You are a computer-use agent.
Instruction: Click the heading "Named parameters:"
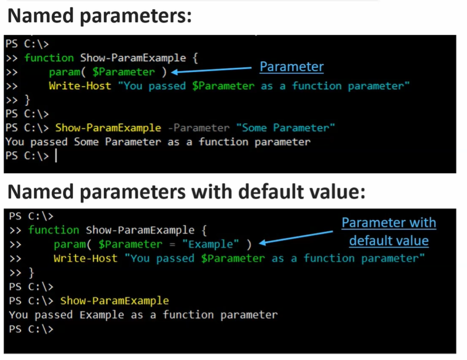[x=100, y=16]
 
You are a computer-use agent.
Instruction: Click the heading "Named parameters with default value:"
[x=186, y=191]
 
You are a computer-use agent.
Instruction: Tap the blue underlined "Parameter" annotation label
[x=292, y=67]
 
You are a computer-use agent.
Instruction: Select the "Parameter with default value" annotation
[x=389, y=232]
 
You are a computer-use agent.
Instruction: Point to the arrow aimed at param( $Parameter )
[x=211, y=70]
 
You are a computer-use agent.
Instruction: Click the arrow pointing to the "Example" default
[x=296, y=237]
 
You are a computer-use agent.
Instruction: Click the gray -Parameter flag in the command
[x=199, y=128]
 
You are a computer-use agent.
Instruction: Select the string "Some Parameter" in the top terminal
[x=285, y=128]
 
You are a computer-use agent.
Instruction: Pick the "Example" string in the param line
[x=211, y=244]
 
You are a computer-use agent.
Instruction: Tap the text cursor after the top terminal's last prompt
[x=56, y=155]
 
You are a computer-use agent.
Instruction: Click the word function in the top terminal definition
[x=49, y=58]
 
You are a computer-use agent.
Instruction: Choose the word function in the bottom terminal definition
[x=54, y=230]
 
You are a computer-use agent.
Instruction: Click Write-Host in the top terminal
[x=80, y=86]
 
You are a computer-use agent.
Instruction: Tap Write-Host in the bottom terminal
[x=86, y=258]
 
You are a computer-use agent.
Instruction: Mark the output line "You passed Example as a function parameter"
[x=143, y=315]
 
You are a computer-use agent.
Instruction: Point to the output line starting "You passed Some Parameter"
[x=158, y=142]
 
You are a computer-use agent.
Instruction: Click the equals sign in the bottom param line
[x=172, y=245]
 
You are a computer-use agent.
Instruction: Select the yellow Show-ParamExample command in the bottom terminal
[x=114, y=301]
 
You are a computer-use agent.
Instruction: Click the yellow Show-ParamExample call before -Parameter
[x=108, y=128]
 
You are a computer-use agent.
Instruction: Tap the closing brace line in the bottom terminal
[x=22, y=273]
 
